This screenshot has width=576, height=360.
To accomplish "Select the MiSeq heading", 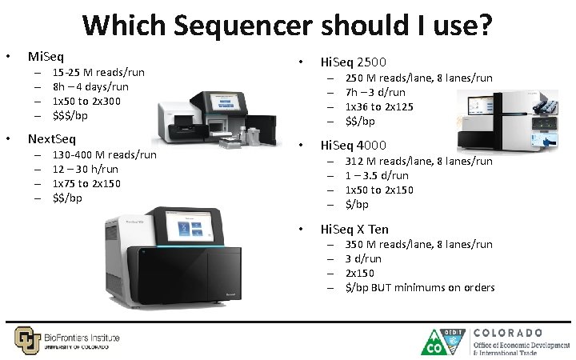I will pyautogui.click(x=46, y=57).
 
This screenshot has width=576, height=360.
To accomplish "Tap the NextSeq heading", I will pyautogui.click(x=52, y=139).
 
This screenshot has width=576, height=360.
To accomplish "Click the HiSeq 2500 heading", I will pyautogui.click(x=353, y=62).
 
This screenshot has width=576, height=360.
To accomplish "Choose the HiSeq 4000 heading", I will pyautogui.click(x=353, y=146).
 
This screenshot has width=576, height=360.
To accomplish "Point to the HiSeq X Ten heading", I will pyautogui.click(x=354, y=230).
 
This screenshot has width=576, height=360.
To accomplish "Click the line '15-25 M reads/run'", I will pyautogui.click(x=98, y=73).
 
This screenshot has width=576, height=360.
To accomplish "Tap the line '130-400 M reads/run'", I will pyautogui.click(x=104, y=154).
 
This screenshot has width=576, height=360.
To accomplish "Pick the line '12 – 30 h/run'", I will pyautogui.click(x=85, y=169).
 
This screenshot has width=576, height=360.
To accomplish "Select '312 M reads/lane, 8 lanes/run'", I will pyautogui.click(x=418, y=161).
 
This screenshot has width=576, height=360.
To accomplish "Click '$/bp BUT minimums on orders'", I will pyautogui.click(x=419, y=287).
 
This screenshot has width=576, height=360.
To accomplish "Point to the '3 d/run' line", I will pyautogui.click(x=363, y=258).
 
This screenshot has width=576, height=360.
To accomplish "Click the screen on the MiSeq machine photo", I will pyautogui.click(x=226, y=102).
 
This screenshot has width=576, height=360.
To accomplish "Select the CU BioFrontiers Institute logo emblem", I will pyautogui.click(x=26, y=339).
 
